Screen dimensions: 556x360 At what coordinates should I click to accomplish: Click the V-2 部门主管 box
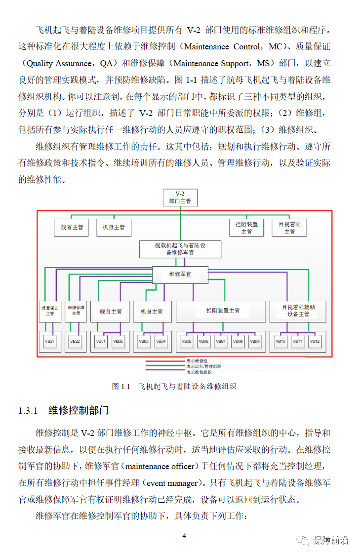coord(180,197)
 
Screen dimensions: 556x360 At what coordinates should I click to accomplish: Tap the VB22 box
coord(75,341)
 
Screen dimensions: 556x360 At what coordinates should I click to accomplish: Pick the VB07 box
coord(221,341)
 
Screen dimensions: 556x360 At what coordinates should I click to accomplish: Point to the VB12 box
coord(315,341)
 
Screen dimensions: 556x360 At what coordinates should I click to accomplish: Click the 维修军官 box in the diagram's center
coord(180,274)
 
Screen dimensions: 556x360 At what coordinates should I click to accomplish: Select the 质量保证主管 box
coord(50,311)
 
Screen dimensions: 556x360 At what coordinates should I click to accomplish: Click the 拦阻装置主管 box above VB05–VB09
coord(223,311)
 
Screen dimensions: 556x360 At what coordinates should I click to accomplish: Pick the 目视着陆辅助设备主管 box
coord(298,311)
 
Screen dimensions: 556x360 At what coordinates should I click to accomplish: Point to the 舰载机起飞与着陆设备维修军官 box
coord(180,248)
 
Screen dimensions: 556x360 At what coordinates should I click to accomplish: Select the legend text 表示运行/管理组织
coord(203,366)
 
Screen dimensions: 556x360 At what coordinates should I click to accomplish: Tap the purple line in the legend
coord(165,372)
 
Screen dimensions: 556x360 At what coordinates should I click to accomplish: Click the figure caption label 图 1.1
coord(120,386)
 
